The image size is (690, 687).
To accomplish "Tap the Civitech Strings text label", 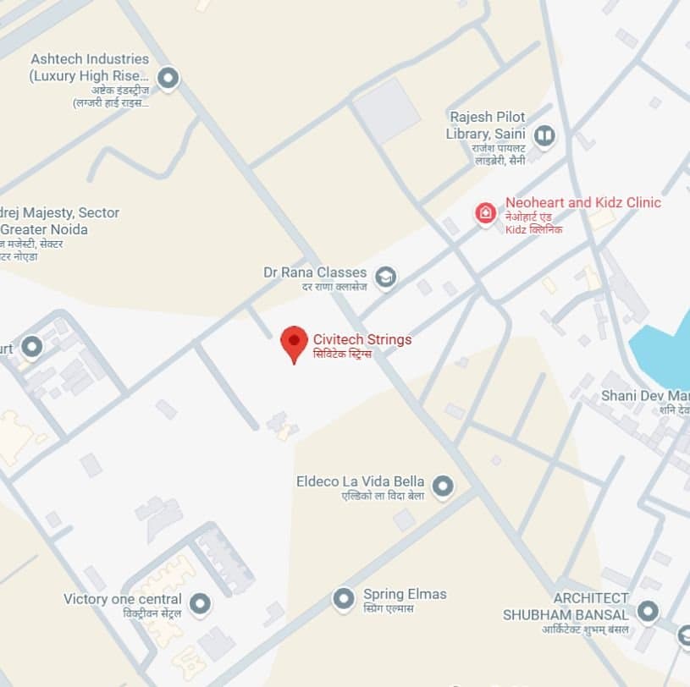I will pos(362,339).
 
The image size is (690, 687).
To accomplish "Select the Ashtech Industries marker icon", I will pos(168,79).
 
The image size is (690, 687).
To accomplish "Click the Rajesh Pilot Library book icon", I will pos(544,135).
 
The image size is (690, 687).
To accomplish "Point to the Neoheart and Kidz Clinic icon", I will pos(486,212).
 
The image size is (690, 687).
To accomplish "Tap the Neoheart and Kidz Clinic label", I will pos(582,203).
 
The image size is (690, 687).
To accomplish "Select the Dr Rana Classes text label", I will pos(315,272).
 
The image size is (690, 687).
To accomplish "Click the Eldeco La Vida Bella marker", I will pos(442,486).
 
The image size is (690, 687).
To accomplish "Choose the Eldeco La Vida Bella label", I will pos(360,481).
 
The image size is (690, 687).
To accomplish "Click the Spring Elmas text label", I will pos(404,594).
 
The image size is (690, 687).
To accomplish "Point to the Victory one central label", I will pos(123,599).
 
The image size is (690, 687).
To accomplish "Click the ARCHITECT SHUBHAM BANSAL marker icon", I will pos(648,612).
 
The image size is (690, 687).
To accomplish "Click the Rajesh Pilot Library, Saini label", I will pos(487,125).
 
